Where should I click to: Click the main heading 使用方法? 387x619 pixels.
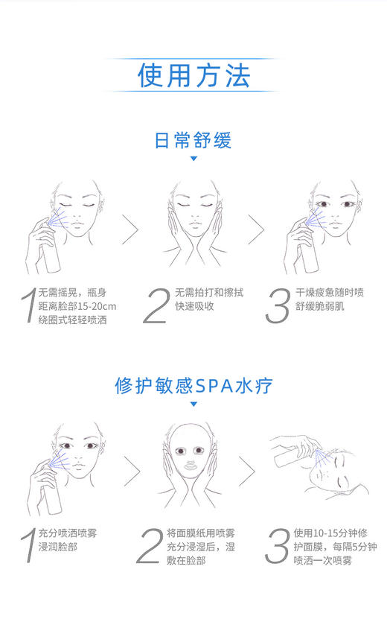193,76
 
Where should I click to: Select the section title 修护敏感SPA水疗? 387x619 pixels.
193,385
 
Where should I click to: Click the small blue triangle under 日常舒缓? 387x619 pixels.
193,159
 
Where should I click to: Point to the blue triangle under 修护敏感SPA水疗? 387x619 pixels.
193,404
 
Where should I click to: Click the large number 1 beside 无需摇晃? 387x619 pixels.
28,306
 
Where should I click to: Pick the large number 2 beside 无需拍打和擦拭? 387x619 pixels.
156,306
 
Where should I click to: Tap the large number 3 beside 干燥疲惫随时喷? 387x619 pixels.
278,306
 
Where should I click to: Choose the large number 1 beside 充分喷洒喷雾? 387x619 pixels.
28,546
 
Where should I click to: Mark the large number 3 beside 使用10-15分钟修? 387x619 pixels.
278,546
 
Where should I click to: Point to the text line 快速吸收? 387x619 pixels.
194,306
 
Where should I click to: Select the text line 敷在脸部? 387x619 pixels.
186,560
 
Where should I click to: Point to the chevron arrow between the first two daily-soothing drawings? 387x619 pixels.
132,229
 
